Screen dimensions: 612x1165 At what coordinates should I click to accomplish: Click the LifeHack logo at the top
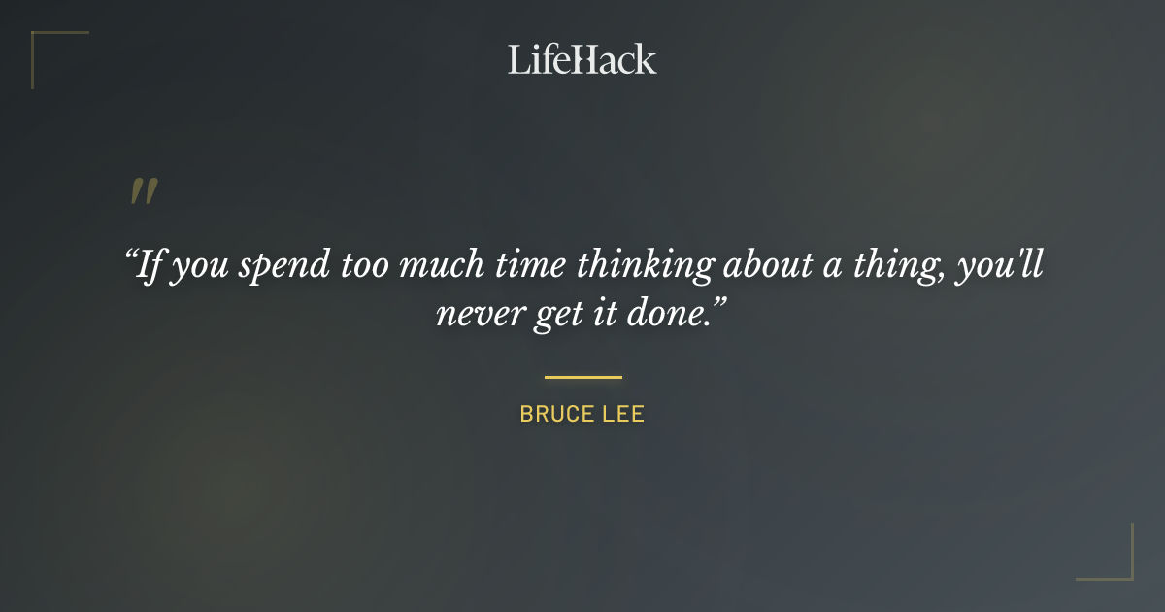pos(582,59)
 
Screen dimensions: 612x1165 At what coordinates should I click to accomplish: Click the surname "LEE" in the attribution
pos(623,414)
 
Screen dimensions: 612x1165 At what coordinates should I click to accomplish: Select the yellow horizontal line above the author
pos(582,377)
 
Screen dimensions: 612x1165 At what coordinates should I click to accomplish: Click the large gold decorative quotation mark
pos(144,191)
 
